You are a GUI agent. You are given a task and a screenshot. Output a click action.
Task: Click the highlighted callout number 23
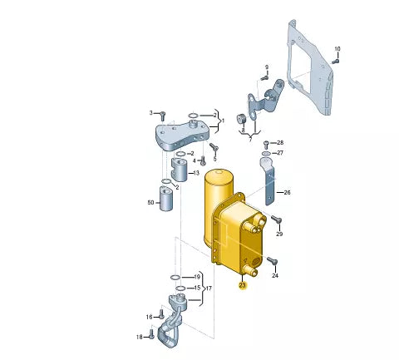pyautogui.click(x=243, y=285)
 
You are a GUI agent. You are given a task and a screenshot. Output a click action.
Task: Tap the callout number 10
pyautogui.click(x=337, y=49)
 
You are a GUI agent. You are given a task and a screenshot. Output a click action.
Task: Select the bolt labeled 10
pyautogui.click(x=336, y=62)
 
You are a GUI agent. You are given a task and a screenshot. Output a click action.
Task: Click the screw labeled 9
pyautogui.click(x=264, y=77)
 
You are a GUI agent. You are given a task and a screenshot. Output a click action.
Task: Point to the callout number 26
pyautogui.click(x=287, y=192)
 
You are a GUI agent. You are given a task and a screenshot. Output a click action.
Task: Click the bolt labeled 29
pyautogui.click(x=276, y=219)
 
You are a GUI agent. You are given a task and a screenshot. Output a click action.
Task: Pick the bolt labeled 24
pyautogui.click(x=272, y=260)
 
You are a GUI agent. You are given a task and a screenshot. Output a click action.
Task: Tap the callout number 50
pyautogui.click(x=150, y=203)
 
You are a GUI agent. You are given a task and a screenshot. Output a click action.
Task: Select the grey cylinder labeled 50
pyautogui.click(x=166, y=199)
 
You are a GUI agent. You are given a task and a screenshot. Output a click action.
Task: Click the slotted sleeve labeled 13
pyautogui.click(x=180, y=170)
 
